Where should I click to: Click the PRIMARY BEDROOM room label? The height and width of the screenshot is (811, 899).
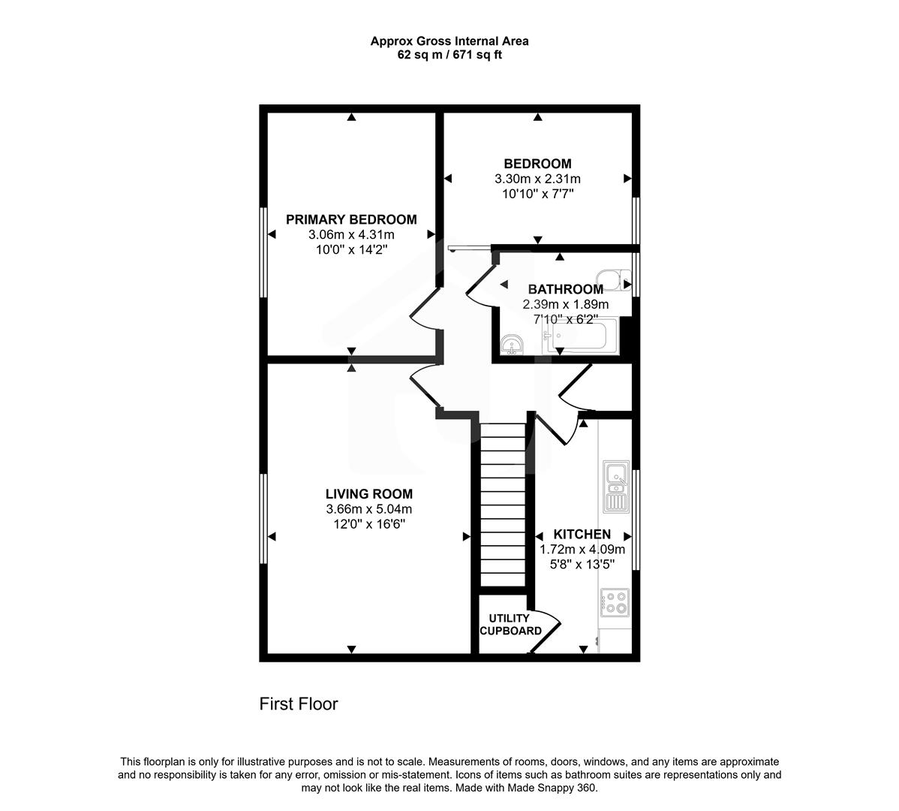tap(351, 219)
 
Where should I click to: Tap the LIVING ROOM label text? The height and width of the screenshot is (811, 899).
tap(368, 493)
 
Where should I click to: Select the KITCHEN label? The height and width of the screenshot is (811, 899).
tap(582, 534)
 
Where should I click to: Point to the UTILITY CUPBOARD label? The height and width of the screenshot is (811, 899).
tap(510, 625)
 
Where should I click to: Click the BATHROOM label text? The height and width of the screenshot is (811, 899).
tap(565, 289)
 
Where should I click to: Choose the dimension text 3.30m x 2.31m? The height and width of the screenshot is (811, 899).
tap(537, 179)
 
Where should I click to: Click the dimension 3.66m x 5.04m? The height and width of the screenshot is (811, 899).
tap(368, 509)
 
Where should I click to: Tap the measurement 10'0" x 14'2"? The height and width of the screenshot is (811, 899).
tap(351, 249)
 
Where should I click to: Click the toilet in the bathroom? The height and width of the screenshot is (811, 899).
tap(618, 281)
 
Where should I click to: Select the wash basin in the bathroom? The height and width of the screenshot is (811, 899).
tap(513, 345)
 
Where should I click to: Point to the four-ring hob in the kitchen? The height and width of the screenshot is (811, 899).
tap(615, 603)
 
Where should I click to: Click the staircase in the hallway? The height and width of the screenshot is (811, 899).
tap(502, 503)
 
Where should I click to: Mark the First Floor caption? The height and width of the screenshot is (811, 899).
tap(299, 704)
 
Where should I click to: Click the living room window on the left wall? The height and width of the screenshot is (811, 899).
tap(263, 518)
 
